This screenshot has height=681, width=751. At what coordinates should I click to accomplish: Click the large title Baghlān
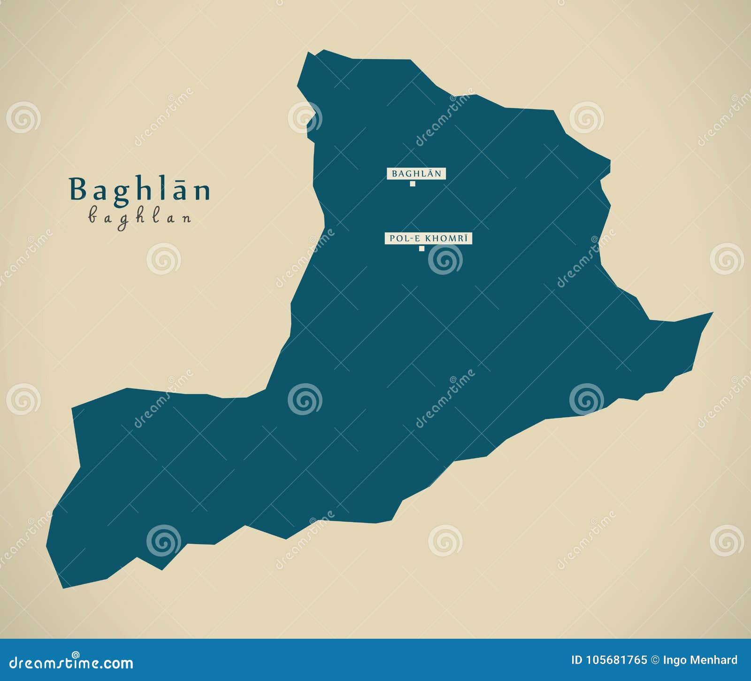[140, 190]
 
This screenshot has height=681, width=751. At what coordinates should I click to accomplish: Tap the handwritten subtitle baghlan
[140, 217]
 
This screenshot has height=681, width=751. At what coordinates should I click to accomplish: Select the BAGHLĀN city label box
[416, 174]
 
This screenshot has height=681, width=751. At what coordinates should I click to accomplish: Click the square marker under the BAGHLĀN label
[413, 184]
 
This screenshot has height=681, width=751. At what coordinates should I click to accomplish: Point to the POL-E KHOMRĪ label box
[428, 239]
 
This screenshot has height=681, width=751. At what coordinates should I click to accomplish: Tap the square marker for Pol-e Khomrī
[421, 248]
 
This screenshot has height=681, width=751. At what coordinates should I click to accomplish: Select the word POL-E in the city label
[400, 239]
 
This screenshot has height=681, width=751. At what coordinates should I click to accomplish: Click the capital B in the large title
[78, 190]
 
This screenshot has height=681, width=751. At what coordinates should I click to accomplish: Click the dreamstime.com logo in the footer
[71, 662]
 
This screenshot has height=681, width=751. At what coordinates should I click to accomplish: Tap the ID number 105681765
[617, 660]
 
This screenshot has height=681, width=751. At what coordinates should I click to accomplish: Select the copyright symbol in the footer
[655, 660]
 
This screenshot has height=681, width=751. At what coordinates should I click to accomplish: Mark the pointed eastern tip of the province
[712, 313]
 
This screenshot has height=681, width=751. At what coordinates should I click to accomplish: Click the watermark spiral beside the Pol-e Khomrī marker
[445, 259]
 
